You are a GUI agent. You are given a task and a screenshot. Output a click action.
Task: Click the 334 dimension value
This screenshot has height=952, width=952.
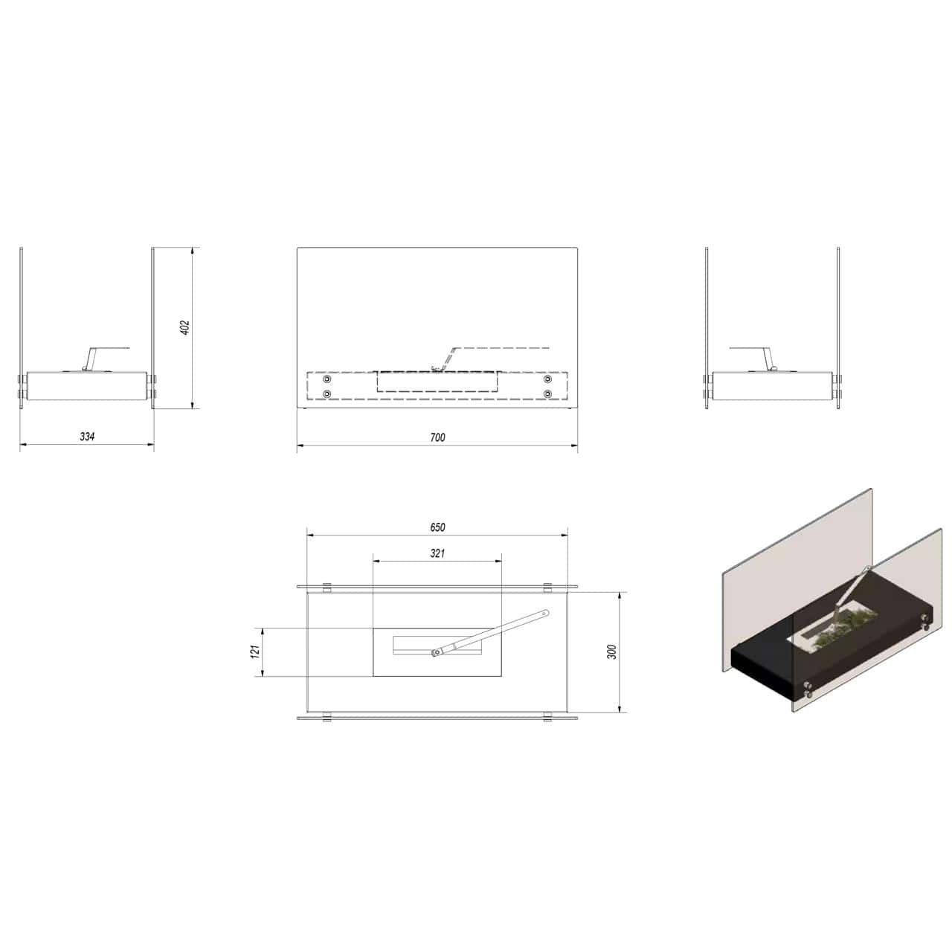(x=87, y=437)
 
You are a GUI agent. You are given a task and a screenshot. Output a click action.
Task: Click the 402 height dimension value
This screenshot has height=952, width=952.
(x=184, y=328)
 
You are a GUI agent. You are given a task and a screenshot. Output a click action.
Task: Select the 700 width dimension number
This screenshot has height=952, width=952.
(x=438, y=437)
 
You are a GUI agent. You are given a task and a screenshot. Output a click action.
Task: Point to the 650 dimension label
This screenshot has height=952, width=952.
(x=437, y=527)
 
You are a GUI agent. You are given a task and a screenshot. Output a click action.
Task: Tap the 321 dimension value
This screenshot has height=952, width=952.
(x=437, y=553)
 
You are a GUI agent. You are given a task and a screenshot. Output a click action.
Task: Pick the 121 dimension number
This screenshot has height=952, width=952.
(x=255, y=652)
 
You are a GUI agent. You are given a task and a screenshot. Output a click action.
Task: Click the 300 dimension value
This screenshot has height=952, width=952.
(x=613, y=652)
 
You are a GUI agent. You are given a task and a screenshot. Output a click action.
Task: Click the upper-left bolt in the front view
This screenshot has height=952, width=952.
(x=327, y=379)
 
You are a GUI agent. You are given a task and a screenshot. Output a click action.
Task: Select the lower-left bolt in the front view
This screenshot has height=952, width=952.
(x=327, y=393)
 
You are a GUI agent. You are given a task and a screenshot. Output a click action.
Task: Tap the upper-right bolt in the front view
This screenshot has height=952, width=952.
(x=547, y=379)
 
